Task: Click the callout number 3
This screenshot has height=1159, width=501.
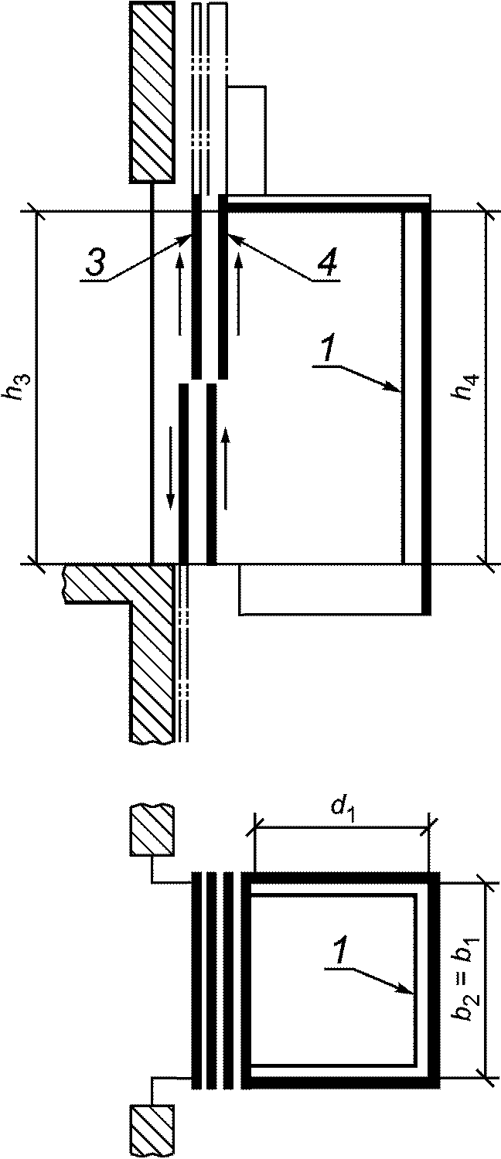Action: pos(95,263)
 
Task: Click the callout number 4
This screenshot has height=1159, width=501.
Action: pos(327,264)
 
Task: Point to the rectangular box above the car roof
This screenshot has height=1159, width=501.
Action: pos(247,141)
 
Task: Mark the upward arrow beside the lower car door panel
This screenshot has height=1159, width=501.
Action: pos(225,469)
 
